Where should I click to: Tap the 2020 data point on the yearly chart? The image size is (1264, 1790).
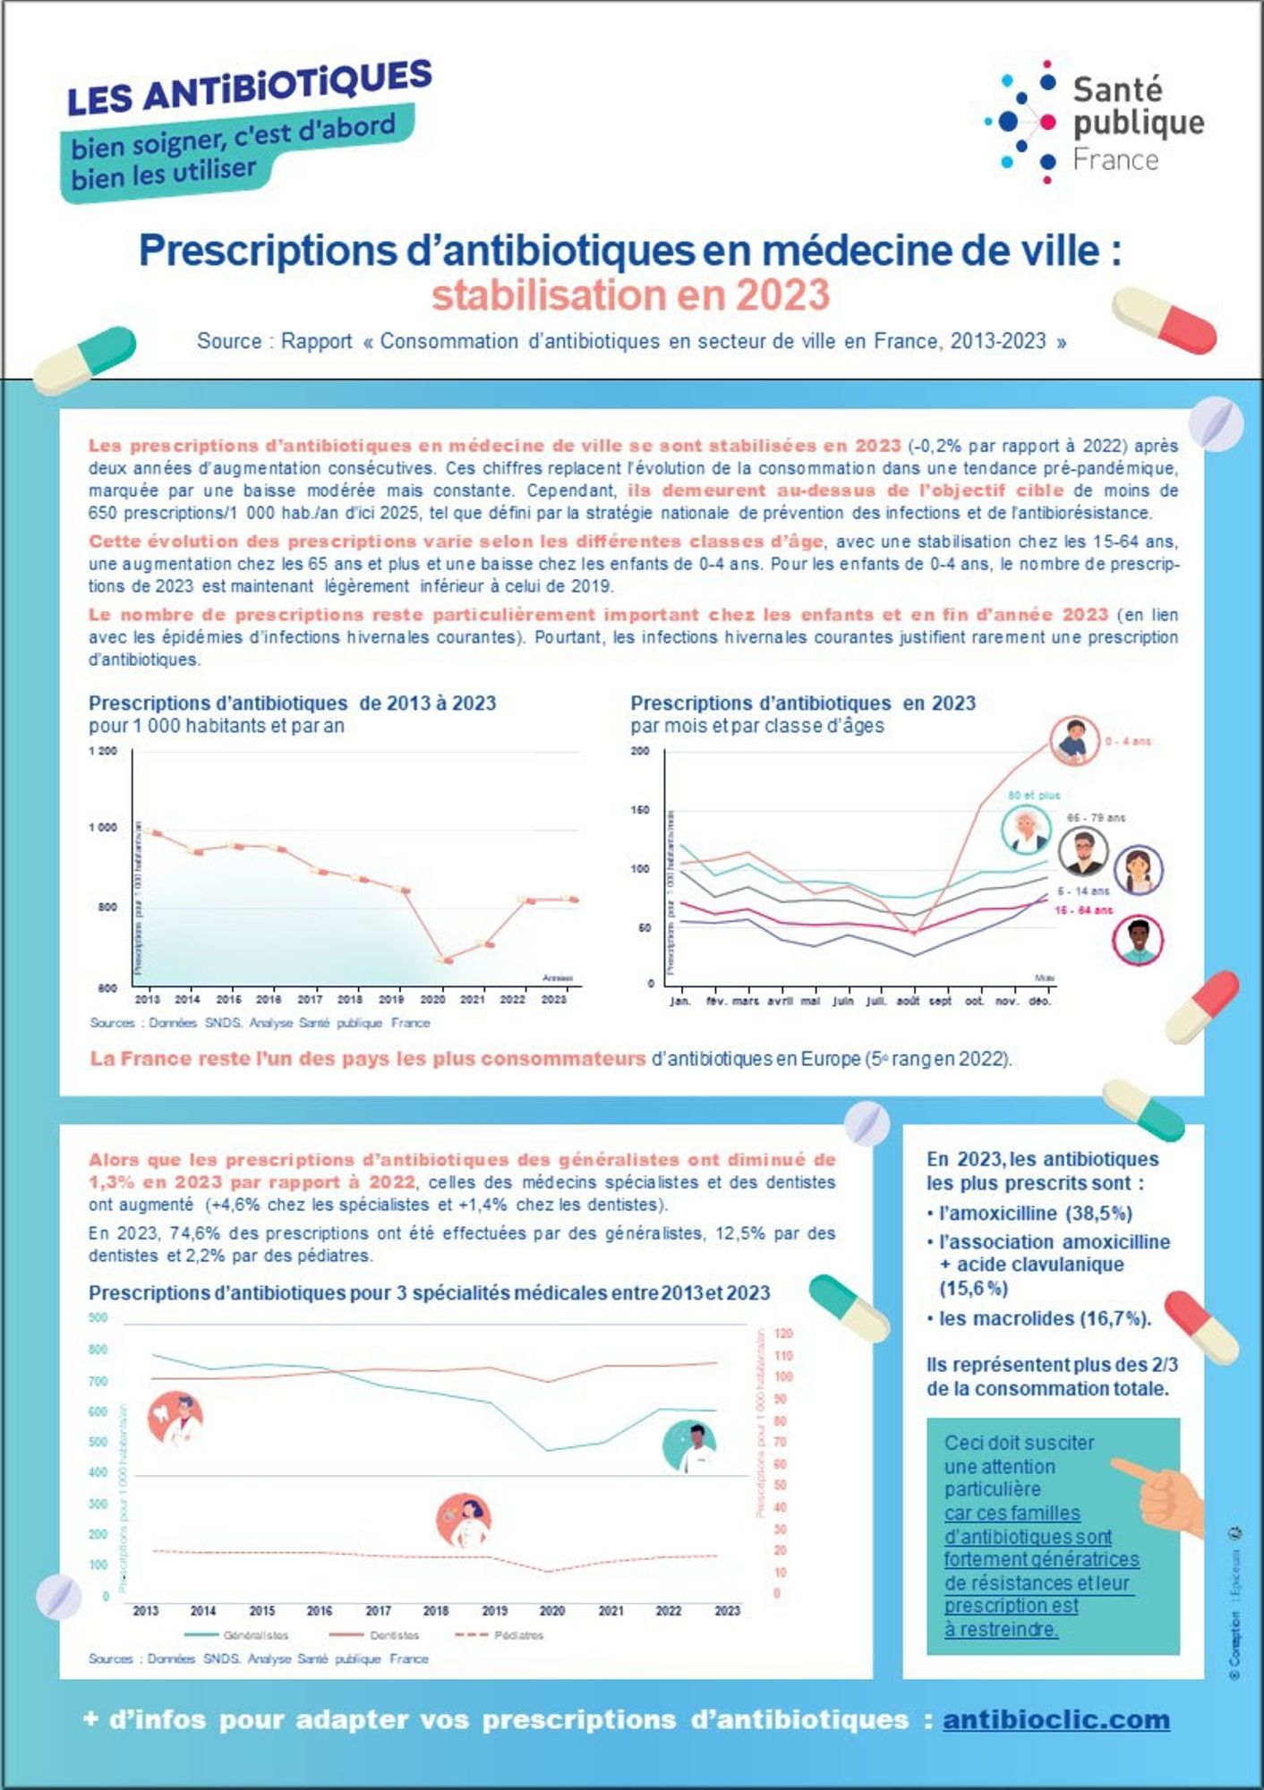tap(445, 960)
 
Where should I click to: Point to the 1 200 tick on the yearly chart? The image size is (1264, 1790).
tap(103, 751)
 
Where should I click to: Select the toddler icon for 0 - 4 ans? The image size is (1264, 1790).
tap(1074, 741)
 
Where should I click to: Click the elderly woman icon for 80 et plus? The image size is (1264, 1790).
tap(1026, 829)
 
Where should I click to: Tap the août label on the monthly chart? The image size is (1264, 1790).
tap(908, 1002)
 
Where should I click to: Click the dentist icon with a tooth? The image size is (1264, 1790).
tap(175, 1419)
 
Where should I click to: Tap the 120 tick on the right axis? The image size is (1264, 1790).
tap(783, 1334)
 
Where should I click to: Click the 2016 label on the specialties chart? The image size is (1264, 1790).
tap(320, 1610)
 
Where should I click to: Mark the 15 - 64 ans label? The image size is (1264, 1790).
tap(1083, 910)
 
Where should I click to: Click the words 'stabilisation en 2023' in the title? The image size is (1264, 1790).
tap(630, 295)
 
